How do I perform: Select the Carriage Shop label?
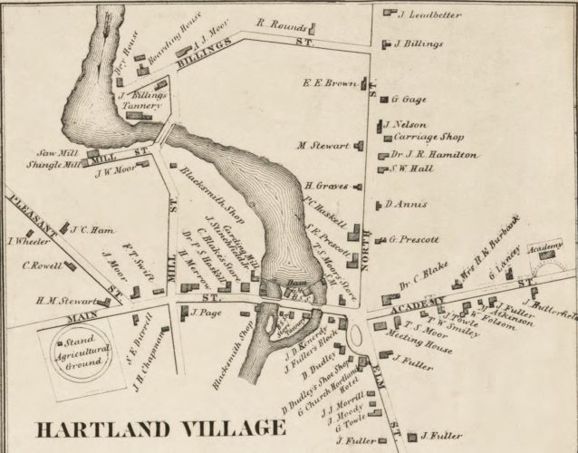coord(428,137)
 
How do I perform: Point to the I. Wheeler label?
coord(25,241)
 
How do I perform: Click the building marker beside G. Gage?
coord(382,98)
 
